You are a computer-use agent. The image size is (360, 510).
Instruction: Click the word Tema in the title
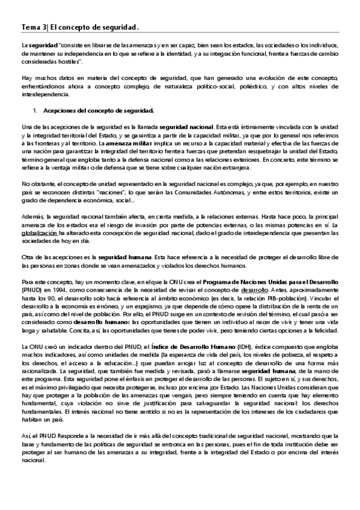click(x=30, y=27)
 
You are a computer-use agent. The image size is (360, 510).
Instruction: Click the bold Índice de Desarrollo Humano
click(x=191, y=347)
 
